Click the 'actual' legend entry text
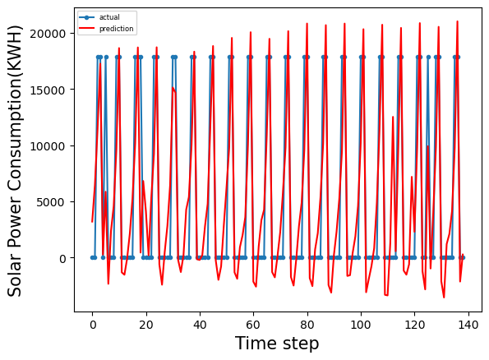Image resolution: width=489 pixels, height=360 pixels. click(x=109, y=16)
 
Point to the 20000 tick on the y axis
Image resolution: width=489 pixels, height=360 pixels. click(x=52, y=34)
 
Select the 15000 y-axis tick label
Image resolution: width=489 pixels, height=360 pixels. click(x=52, y=90)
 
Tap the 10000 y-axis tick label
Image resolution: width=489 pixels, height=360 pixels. click(x=52, y=146)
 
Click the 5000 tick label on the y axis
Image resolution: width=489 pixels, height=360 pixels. click(x=55, y=202)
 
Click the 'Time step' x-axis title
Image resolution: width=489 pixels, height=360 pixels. click(x=277, y=344)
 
